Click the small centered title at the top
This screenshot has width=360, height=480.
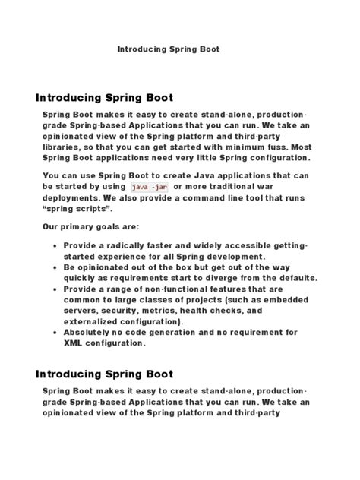168,49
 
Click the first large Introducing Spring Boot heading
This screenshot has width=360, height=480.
105,98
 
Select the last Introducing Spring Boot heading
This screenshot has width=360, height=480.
105,374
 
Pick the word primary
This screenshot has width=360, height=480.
83,227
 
